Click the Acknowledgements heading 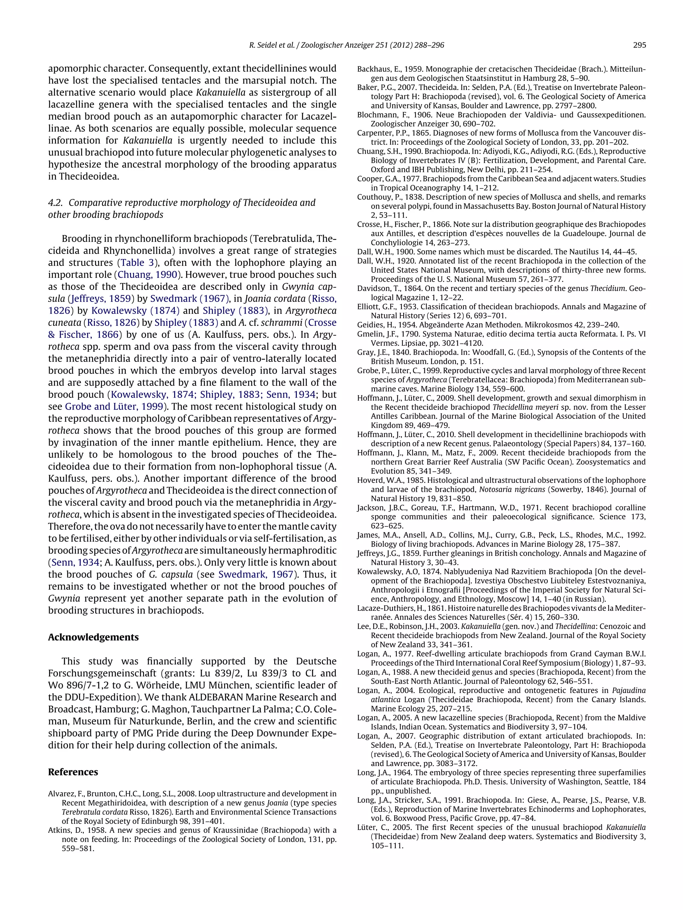coord(93,637)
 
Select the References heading coord(73,772)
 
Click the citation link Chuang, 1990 coord(148,274)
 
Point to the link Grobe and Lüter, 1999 coord(114,407)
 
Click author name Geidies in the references coord(370,325)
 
